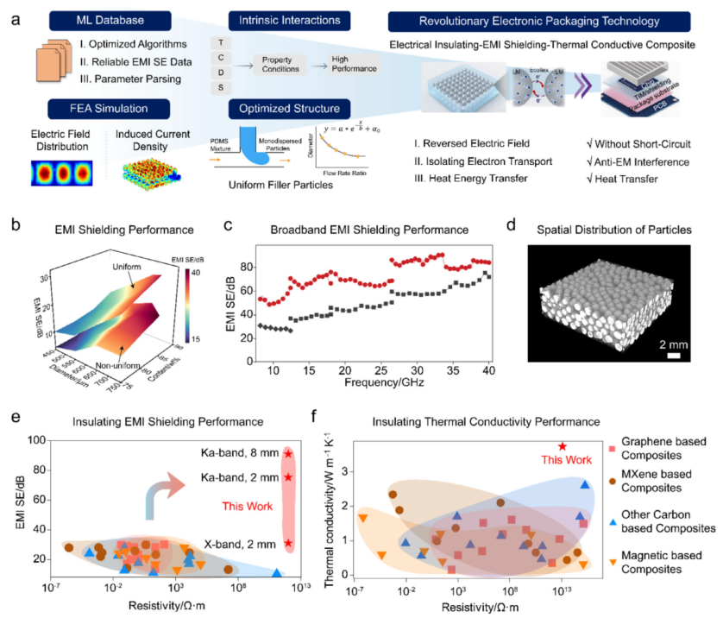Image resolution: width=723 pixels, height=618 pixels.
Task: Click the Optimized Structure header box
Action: [284, 110]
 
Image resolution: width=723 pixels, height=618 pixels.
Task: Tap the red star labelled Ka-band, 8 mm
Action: [289, 453]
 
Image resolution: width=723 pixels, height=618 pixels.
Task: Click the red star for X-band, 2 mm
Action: [289, 543]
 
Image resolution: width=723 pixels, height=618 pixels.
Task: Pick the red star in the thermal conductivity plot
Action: [562, 446]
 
